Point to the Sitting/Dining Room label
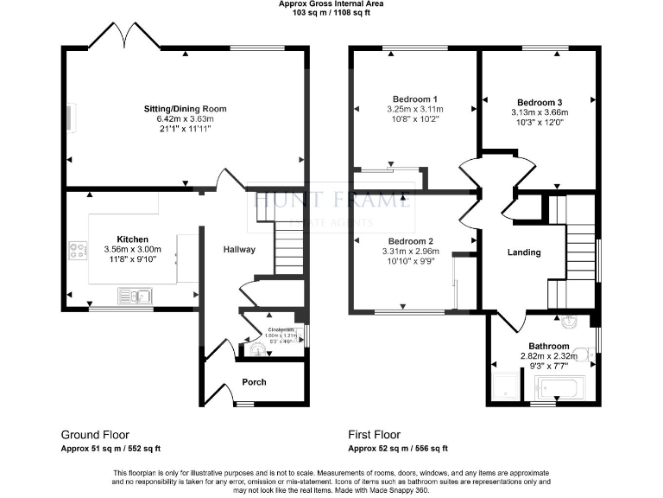pos(185,109)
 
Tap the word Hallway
pos(239,250)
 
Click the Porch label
pos(254,381)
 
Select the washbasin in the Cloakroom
pos(257,350)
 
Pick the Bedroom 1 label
pos(414,99)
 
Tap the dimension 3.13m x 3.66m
pos(540,112)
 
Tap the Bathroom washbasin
pos(571,323)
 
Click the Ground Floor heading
pos(95,434)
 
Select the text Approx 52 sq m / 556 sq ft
pos(398,449)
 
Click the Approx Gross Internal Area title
pos(331,4)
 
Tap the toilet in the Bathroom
pos(583,354)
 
